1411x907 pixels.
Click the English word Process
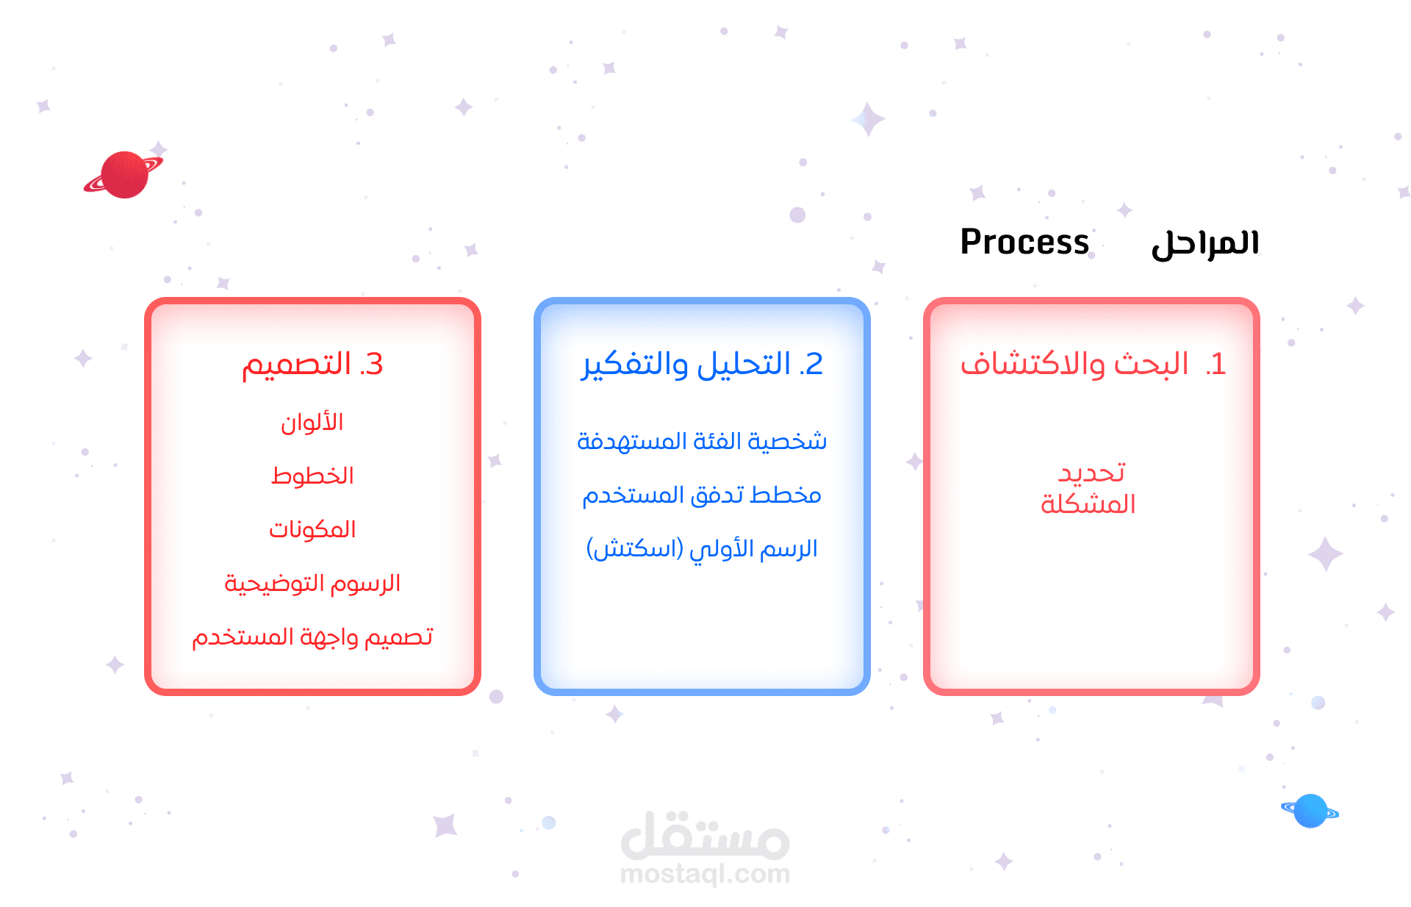1024,242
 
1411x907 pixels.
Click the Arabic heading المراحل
1205,243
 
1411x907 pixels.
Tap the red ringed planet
123,175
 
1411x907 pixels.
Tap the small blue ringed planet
1310,811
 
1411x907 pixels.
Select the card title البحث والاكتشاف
1074,365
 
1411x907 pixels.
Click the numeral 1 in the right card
1216,365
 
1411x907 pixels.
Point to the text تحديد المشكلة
1089,488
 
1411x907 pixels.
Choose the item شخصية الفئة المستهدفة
702,441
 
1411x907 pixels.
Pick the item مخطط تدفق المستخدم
702,495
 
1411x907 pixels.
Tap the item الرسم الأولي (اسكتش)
702,548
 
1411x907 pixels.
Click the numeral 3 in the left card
372,365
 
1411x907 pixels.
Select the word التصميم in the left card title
296,365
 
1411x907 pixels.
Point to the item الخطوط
312,476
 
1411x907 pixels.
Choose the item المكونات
312,529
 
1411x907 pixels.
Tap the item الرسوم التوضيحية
312,583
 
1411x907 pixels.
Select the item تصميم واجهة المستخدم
312,637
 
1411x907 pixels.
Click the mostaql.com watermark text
705,875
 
